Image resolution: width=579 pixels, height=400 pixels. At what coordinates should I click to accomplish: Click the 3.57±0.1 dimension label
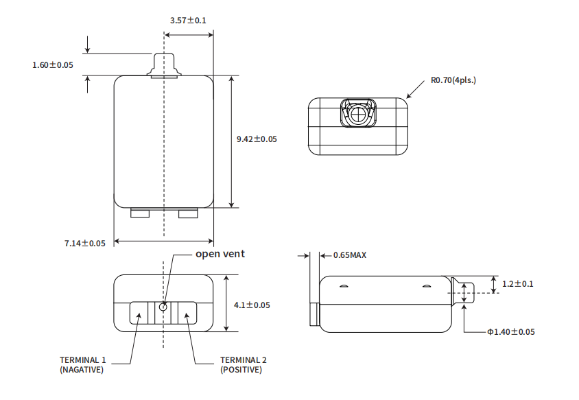[x=188, y=20]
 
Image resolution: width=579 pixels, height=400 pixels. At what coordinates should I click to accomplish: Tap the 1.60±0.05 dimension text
[x=53, y=65]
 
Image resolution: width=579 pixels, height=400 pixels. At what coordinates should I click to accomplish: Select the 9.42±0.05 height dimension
[x=257, y=139]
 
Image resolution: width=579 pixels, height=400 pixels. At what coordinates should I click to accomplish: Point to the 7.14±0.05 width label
[x=85, y=244]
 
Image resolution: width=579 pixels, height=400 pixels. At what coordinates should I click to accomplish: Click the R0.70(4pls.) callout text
[x=453, y=80]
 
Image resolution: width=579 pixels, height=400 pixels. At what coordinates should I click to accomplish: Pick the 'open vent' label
[x=220, y=254]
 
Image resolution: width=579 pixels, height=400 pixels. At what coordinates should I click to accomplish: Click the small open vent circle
[x=163, y=307]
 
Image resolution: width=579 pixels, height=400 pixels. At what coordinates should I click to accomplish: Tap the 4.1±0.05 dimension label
[x=252, y=305]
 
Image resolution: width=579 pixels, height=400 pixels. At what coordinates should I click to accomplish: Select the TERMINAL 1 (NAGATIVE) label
[x=83, y=365]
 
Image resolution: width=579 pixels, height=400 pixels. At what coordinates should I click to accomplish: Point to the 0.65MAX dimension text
[x=350, y=255]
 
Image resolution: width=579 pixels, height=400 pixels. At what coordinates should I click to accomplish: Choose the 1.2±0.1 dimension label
[x=518, y=283]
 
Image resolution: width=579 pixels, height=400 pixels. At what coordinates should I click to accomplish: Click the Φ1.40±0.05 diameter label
[x=511, y=332]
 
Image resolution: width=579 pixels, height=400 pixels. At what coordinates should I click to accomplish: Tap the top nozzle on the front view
[x=163, y=65]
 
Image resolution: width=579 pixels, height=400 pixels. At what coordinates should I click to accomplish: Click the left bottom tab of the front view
[x=139, y=214]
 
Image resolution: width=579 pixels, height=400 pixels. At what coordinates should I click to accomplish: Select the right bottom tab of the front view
[x=188, y=214]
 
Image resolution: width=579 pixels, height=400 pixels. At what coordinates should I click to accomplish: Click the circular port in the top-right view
[x=357, y=113]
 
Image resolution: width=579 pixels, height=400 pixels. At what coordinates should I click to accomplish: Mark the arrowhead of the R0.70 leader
[x=407, y=96]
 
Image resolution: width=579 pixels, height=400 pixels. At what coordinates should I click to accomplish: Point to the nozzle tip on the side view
[x=466, y=293]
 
